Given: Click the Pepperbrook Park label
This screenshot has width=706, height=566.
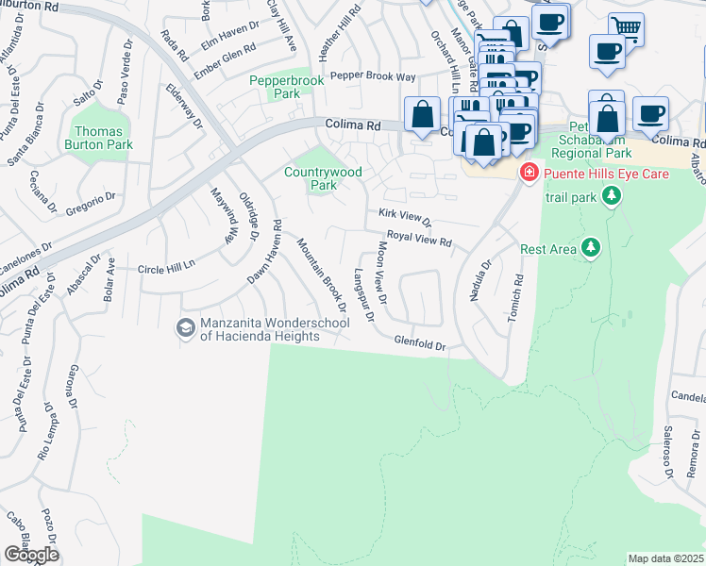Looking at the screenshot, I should click(x=286, y=89).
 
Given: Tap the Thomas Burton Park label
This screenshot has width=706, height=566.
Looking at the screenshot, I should click(x=99, y=139).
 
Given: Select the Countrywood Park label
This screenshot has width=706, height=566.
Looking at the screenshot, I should click(x=324, y=178).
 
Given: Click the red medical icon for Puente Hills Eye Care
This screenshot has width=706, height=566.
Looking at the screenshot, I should click(x=529, y=173).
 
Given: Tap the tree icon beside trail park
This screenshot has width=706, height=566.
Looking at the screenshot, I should click(x=613, y=195).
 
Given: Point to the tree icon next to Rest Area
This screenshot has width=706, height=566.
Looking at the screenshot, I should click(x=591, y=248).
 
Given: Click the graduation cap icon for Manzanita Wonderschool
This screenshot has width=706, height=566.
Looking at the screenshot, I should click(x=185, y=327).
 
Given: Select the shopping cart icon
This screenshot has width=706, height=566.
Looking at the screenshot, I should click(x=626, y=27).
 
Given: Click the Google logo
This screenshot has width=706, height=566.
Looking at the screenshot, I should click(x=30, y=555).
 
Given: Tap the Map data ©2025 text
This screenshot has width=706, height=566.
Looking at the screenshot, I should click(x=665, y=558).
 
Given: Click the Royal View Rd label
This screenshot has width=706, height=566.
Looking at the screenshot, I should click(x=420, y=239).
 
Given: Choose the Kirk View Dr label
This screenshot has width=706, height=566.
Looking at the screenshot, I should click(x=405, y=217).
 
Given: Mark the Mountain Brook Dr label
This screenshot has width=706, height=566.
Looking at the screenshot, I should click(x=322, y=283).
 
